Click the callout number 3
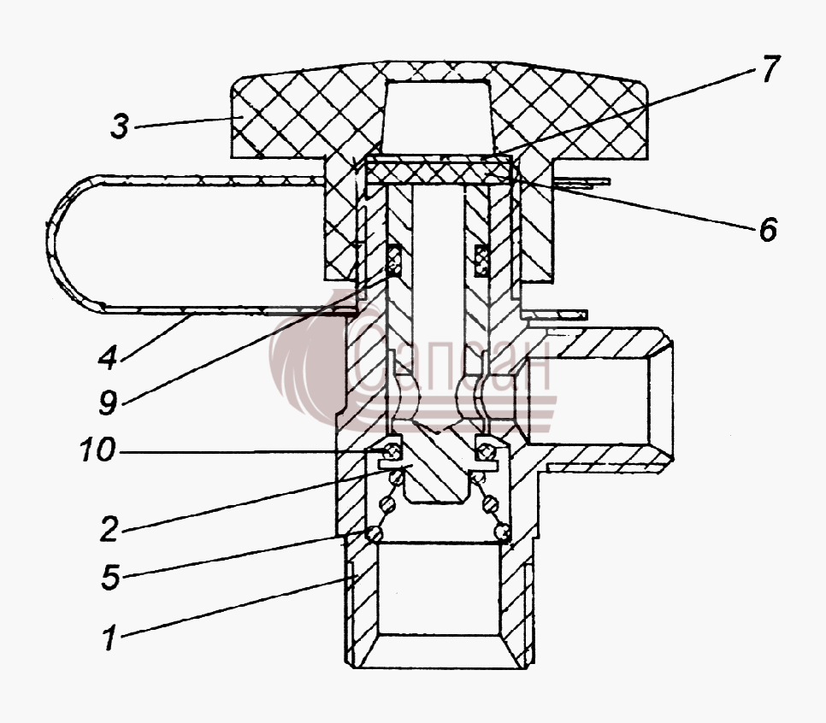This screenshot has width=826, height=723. coord(120,126)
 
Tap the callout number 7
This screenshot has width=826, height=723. coord(769,69)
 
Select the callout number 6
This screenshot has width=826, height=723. coord(768,229)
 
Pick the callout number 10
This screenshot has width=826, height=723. coord(98,450)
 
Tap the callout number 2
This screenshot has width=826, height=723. coord(109,529)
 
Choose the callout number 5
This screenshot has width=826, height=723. coord(110,577)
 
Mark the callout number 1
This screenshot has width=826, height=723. coord(109,638)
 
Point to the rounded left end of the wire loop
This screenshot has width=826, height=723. coord(58,242)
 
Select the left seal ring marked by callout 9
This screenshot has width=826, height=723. coord(394,260)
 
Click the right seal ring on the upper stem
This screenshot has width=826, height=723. coord(481,260)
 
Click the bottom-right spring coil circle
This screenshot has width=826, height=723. coord(503,532)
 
